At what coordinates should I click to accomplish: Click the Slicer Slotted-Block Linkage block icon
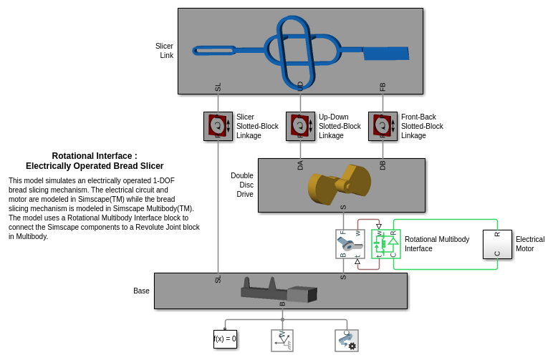coord(218,126)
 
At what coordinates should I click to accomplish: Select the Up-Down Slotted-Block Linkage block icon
coord(300,126)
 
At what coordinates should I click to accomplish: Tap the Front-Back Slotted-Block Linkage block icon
coord(383,126)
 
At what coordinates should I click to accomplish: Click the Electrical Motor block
coord(497,244)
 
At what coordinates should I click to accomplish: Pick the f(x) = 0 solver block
coord(225,339)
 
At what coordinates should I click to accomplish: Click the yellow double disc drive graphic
coord(340,184)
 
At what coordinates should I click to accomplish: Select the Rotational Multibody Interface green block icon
coord(385,244)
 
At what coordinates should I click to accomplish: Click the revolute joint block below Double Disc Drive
coord(350,244)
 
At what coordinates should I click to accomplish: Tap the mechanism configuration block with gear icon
coord(346,340)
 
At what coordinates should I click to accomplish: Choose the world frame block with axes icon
coord(282,340)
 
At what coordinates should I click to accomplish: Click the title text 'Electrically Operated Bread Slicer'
coord(95,166)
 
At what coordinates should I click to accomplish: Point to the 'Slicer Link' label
coord(165,51)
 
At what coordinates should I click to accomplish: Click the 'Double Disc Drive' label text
coord(242,185)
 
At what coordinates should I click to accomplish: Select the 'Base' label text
coord(141,291)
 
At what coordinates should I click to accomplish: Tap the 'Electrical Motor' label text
coord(529,244)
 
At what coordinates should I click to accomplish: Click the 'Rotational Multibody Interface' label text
coord(437,244)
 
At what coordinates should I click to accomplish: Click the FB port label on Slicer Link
coord(383,87)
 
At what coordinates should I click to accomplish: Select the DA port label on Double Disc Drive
coord(300,165)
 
